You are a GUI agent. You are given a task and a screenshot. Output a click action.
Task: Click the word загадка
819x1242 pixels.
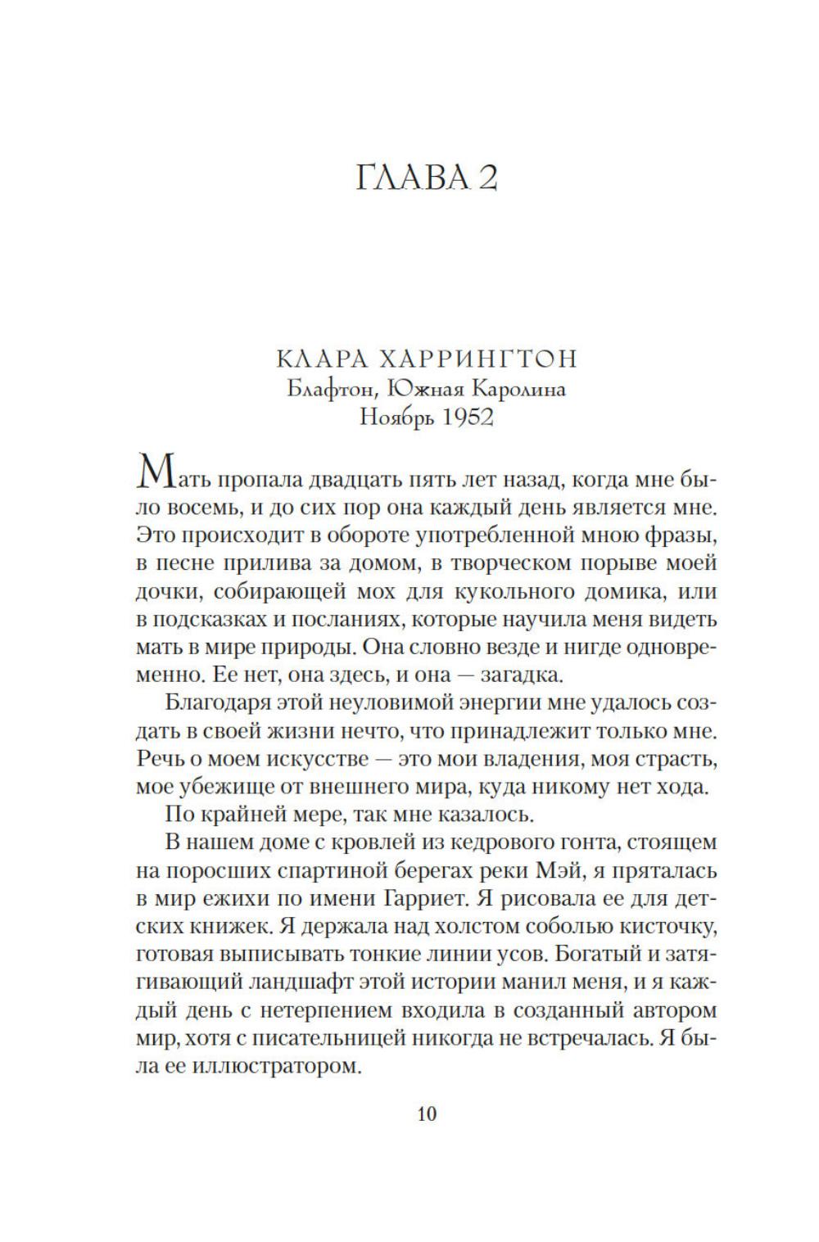tap(521, 675)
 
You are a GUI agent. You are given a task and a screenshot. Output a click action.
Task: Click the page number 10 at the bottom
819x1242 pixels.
tap(427, 1113)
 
